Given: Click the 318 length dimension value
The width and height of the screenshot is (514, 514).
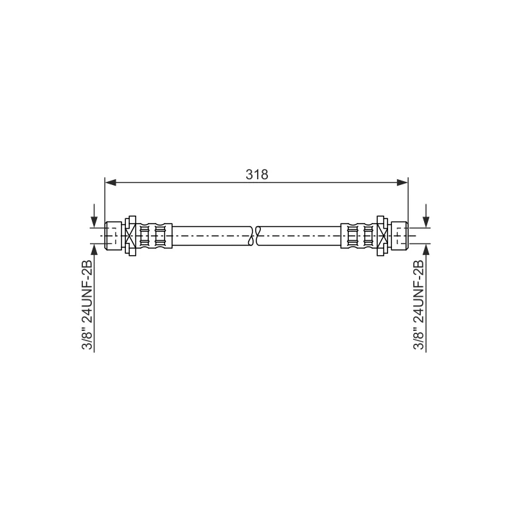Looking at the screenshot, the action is pyautogui.click(x=256, y=174).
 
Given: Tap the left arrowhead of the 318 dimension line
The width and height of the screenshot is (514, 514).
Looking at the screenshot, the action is pyautogui.click(x=111, y=182).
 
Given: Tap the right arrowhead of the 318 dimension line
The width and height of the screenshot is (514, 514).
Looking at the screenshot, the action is pyautogui.click(x=402, y=182).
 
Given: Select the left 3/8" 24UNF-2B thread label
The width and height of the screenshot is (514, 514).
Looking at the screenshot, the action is pyautogui.click(x=87, y=305).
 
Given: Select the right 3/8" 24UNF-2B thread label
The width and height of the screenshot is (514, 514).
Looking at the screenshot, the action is pyautogui.click(x=419, y=305).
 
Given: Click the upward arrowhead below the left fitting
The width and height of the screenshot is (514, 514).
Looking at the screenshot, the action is pyautogui.click(x=94, y=250).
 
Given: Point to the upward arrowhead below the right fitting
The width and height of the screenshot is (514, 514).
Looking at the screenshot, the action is pyautogui.click(x=426, y=250).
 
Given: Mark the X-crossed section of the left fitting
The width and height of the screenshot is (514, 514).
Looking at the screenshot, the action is pyautogui.click(x=130, y=236).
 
